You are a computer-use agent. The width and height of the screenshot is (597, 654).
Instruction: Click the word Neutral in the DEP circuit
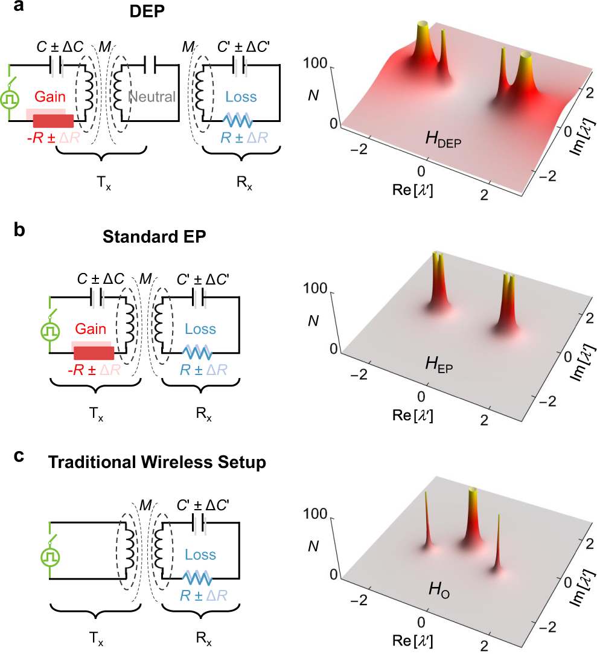(x=155, y=97)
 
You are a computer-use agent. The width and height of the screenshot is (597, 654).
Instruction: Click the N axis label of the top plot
(x=311, y=94)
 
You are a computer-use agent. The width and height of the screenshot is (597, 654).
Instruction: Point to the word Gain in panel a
(x=50, y=97)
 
